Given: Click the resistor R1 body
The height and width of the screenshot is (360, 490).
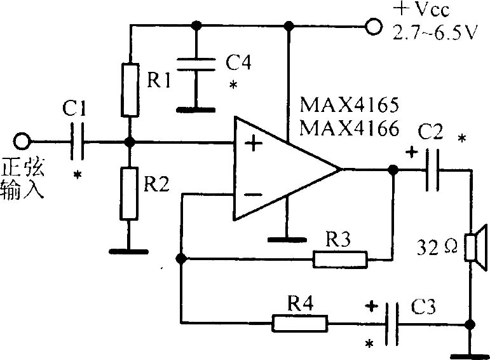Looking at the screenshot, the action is click(x=130, y=90).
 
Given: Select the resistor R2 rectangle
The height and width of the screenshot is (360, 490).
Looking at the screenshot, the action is click(x=129, y=194).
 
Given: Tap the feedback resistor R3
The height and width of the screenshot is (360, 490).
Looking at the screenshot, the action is click(x=340, y=260).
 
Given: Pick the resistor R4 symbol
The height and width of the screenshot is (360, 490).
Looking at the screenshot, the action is click(x=301, y=323).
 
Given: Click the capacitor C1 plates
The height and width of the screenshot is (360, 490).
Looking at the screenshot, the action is click(x=77, y=142).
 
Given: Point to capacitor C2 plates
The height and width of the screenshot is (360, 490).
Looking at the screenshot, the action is click(x=432, y=170).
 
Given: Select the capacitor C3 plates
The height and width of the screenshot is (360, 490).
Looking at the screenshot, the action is click(x=391, y=324).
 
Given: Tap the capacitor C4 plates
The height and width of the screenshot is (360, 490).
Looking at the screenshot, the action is click(x=196, y=64).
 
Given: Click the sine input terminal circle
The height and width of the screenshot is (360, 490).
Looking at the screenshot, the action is click(x=22, y=141).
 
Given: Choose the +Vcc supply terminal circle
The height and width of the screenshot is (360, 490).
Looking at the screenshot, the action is click(x=374, y=27).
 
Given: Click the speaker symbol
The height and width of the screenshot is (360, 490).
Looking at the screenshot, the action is click(x=475, y=247).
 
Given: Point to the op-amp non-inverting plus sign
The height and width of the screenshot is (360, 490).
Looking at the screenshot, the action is click(x=253, y=144).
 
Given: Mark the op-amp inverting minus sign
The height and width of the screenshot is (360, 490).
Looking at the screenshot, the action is click(x=253, y=195).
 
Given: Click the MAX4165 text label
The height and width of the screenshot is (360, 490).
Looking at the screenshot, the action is click(x=349, y=105).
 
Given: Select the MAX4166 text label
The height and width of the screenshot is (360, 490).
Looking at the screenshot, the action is click(x=349, y=128).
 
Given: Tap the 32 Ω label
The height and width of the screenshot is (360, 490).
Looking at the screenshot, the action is click(x=437, y=247).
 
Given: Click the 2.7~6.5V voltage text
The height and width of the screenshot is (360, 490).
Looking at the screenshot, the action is click(x=435, y=32).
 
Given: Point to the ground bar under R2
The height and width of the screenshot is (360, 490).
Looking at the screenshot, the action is click(x=128, y=251).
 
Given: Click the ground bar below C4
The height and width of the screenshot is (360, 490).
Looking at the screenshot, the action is click(x=196, y=110).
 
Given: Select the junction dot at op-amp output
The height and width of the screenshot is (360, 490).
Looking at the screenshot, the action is click(x=393, y=170).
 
